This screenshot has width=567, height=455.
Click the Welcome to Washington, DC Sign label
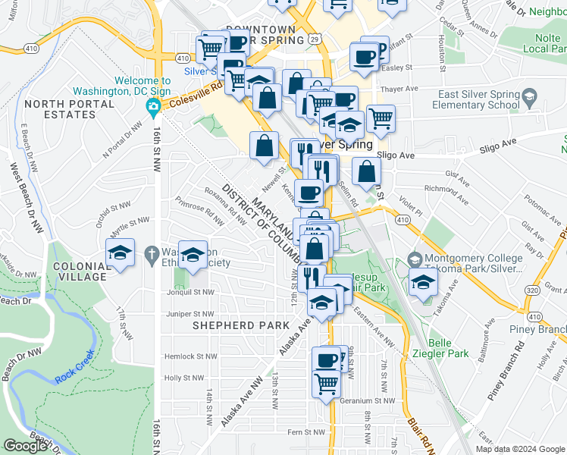(x=143, y=86)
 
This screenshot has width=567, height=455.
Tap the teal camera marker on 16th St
(x=153, y=105)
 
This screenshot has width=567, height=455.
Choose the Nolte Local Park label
(x=540, y=43)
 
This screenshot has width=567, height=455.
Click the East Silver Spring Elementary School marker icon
(x=529, y=97)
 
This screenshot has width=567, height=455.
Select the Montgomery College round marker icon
(x=414, y=259)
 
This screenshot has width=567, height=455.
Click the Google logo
(x=26, y=446)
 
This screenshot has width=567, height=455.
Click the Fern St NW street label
(x=303, y=432)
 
